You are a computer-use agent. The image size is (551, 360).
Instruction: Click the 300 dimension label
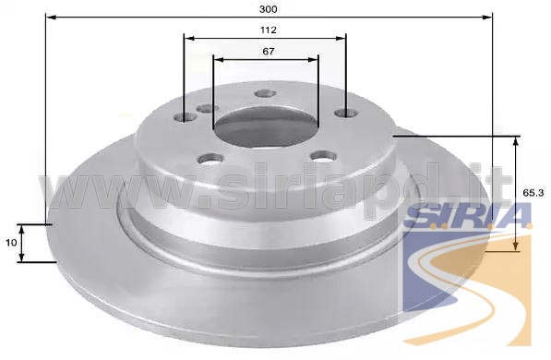(269, 9)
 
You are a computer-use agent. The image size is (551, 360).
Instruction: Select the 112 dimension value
(269, 30)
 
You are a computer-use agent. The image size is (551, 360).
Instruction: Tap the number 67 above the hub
(269, 52)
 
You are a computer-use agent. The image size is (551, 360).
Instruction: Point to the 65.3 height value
(533, 193)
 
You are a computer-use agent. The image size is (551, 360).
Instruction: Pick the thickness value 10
(12, 242)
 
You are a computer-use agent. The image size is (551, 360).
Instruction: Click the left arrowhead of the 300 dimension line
(52, 17)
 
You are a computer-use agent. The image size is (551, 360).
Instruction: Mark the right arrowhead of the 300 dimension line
(487, 17)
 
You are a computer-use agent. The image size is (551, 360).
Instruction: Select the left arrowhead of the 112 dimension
(189, 38)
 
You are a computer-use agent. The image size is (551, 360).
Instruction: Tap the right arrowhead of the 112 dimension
(341, 38)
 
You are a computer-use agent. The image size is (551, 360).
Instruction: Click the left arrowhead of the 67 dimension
(219, 59)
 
